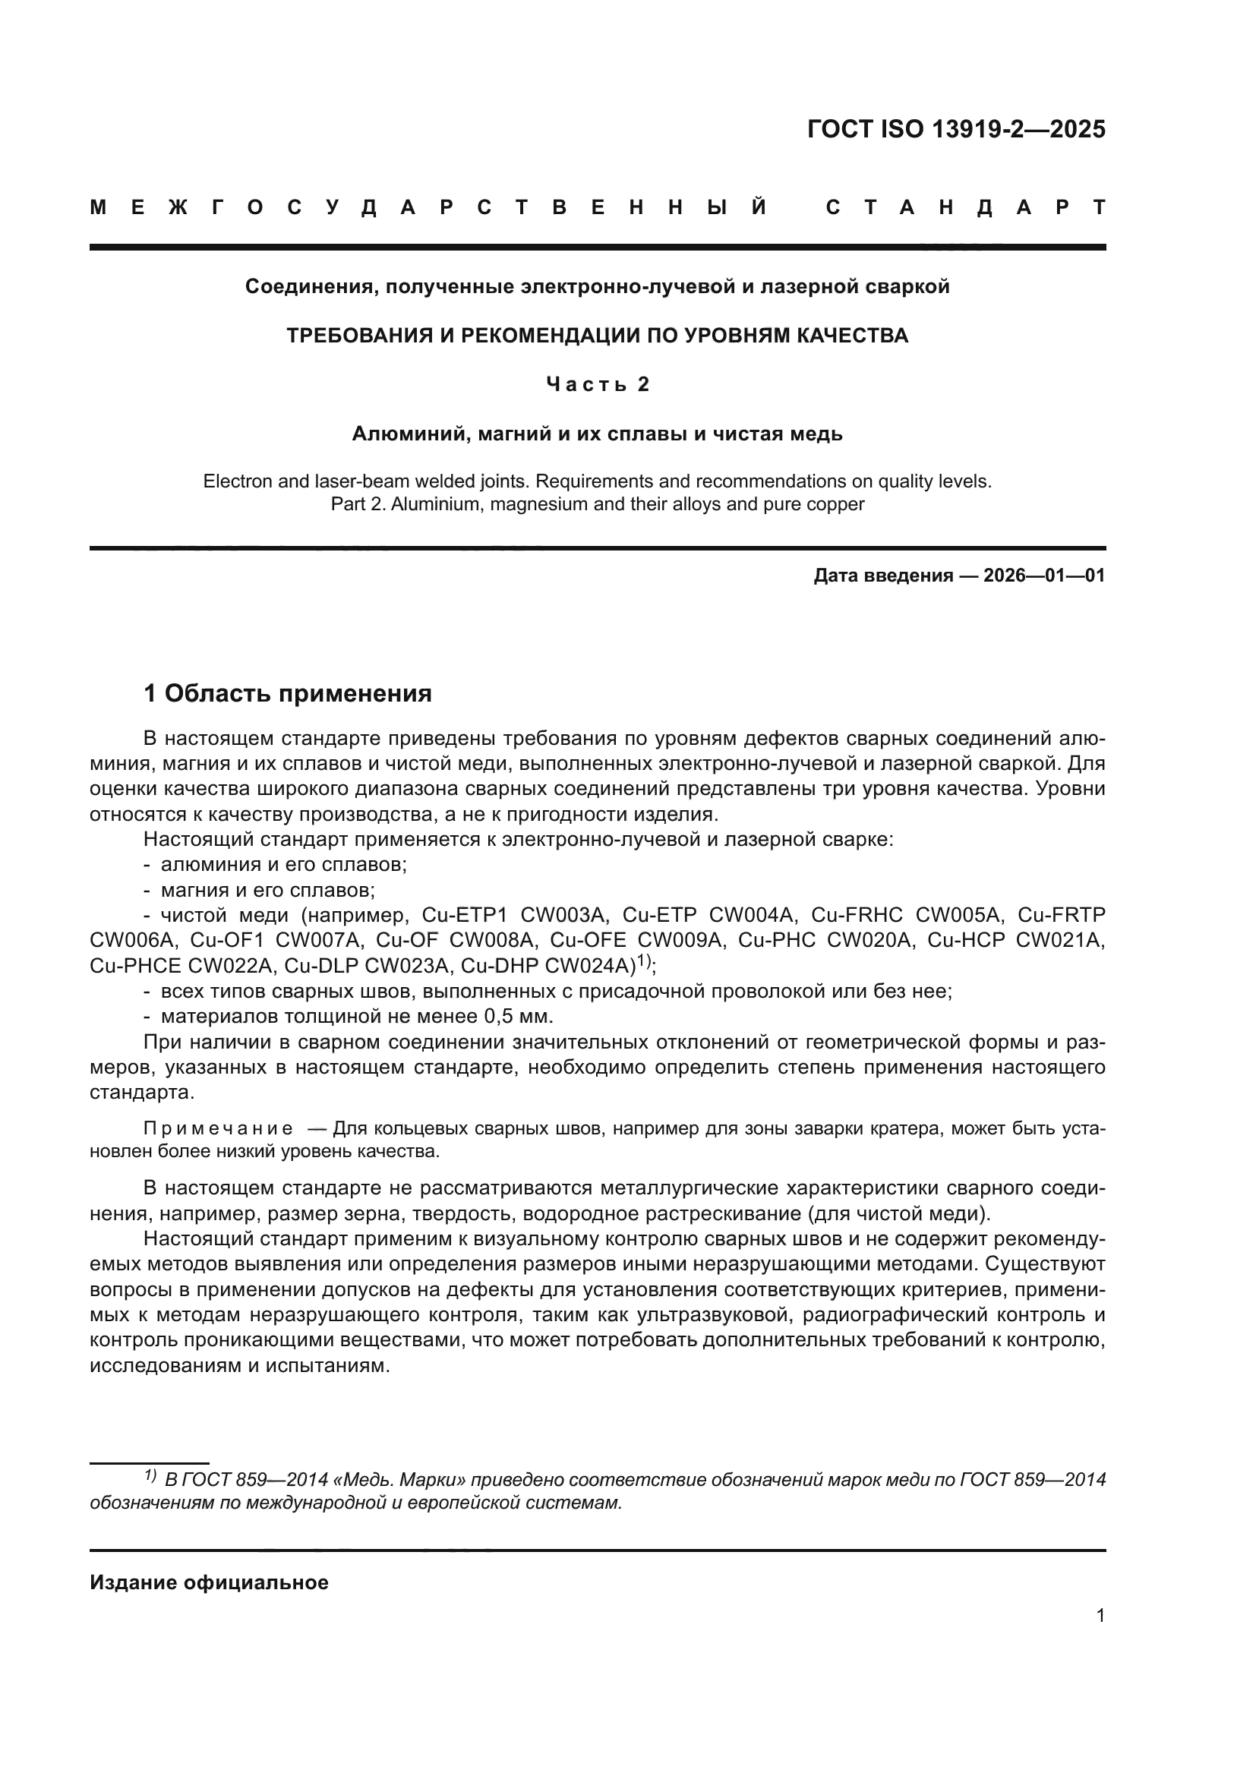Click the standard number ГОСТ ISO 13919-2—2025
[956, 129]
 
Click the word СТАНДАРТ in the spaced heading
[965, 207]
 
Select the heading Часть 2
[598, 384]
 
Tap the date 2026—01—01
[1044, 576]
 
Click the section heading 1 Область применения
[288, 693]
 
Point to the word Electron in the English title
[238, 481]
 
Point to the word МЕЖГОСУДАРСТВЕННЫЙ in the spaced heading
[429, 207]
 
